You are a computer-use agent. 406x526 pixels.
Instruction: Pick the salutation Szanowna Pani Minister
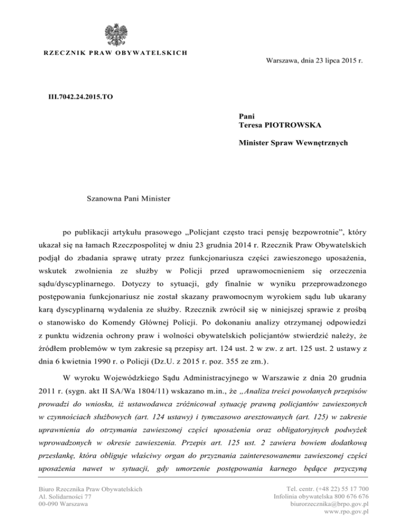129,200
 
